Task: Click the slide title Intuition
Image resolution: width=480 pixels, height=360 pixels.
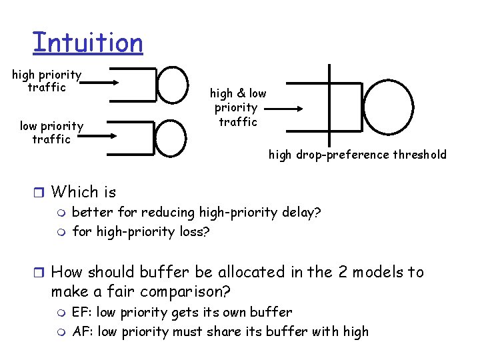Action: pos(87,43)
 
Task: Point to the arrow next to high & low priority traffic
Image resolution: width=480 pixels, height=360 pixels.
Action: pos(287,108)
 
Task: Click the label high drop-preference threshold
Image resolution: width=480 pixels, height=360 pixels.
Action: pos(357,155)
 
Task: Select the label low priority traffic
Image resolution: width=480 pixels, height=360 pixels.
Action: pos(51,133)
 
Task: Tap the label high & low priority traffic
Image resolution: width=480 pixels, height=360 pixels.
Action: pos(237,107)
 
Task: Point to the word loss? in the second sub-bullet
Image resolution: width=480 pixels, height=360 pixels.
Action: pos(195,233)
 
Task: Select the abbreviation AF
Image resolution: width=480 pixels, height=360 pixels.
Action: pos(81,332)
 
